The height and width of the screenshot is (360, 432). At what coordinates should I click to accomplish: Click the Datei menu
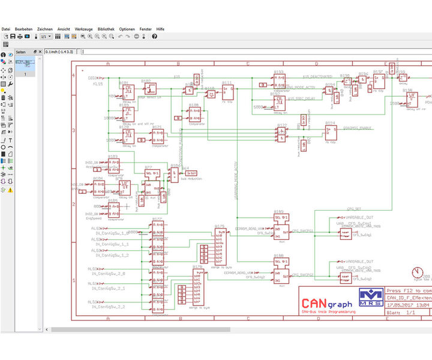(x=6, y=29)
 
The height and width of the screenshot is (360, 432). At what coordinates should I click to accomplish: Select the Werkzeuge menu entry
(x=83, y=29)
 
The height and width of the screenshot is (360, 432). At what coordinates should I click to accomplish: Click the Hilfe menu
(x=160, y=29)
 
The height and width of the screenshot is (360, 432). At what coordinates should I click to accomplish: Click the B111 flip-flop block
(x=228, y=92)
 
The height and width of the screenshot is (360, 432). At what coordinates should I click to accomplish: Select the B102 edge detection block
(x=149, y=89)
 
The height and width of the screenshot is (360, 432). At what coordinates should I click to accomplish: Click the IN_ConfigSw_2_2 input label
(x=110, y=306)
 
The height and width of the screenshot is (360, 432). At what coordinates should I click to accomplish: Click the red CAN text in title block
(x=314, y=302)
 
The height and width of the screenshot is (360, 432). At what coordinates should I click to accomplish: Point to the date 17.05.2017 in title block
(x=399, y=304)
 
